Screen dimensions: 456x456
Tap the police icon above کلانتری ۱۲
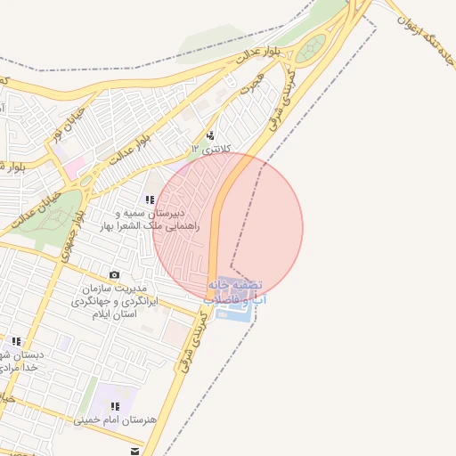(x=210, y=136)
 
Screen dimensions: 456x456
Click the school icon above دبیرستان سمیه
(x=150, y=200)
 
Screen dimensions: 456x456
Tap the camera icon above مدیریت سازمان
(x=113, y=276)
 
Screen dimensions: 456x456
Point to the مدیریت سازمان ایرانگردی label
(x=108, y=302)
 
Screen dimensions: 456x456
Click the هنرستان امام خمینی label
(x=116, y=419)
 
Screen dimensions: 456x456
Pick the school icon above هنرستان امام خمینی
(x=116, y=406)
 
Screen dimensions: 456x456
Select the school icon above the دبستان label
(x=16, y=341)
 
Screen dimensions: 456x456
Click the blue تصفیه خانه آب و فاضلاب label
(x=235, y=292)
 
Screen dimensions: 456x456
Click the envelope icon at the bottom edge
(x=134, y=452)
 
